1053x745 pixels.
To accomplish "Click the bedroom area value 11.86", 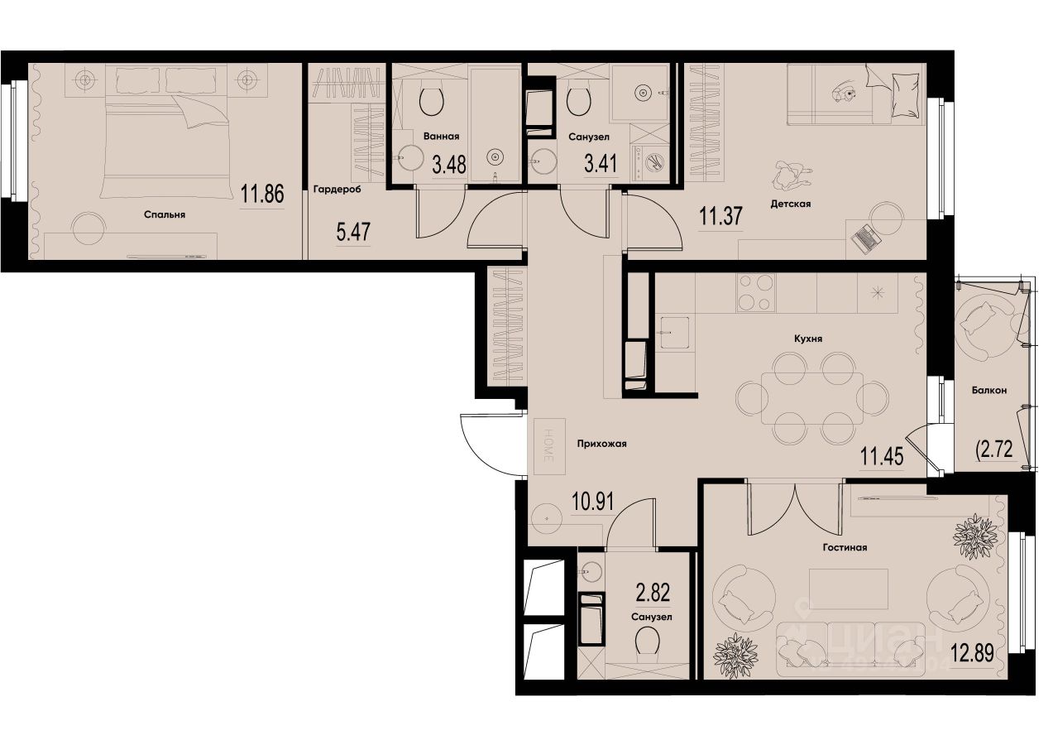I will click(x=262, y=195).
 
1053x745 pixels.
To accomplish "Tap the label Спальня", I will click(x=164, y=214).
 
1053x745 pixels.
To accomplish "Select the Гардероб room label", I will click(x=337, y=189).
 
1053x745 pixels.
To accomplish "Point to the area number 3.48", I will click(x=449, y=165).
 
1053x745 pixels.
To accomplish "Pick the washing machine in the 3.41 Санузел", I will click(x=653, y=160).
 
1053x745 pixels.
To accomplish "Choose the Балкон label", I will click(x=989, y=392).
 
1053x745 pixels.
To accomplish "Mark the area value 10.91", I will click(x=593, y=501).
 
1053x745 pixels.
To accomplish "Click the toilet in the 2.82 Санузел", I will click(x=648, y=642).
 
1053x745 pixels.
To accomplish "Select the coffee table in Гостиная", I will click(x=849, y=589).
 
